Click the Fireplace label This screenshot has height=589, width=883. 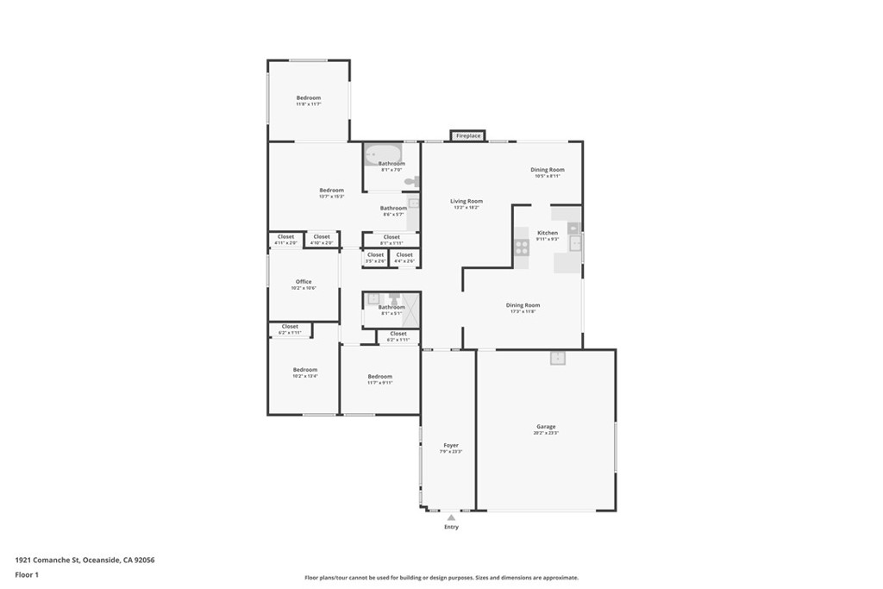(x=468, y=136)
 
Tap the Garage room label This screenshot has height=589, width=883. (x=546, y=427)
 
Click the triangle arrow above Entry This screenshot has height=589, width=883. (x=450, y=517)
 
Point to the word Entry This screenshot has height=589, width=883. (x=451, y=527)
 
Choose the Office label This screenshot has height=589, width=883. (x=304, y=282)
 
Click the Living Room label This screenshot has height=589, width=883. (x=467, y=202)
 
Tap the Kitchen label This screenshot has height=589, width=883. (x=548, y=233)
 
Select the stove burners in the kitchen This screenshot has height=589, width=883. (x=522, y=248)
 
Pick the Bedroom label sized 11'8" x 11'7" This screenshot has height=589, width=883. (x=309, y=98)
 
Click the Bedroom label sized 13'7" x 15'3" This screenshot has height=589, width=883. (x=331, y=191)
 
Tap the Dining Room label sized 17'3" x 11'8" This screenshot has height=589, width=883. (x=523, y=305)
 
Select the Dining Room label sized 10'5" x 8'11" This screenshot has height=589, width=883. (x=547, y=171)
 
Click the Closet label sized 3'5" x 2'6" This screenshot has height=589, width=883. (x=375, y=255)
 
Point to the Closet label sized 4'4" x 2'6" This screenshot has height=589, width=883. (x=404, y=255)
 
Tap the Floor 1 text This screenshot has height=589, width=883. (x=27, y=574)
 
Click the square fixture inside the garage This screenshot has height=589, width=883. (x=557, y=358)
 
